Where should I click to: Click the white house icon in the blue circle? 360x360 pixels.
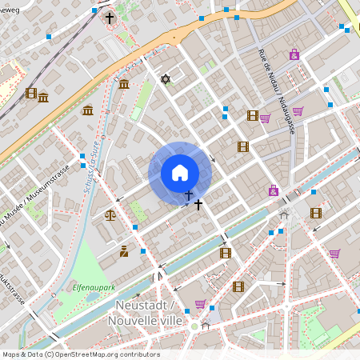point(179,173)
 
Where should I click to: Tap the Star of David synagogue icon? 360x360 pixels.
point(166,78)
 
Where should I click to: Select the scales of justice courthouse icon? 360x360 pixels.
point(110,214)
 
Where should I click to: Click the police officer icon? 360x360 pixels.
point(123,251)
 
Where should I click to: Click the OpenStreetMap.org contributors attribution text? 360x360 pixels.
point(80,354)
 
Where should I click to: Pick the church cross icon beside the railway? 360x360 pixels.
point(109,18)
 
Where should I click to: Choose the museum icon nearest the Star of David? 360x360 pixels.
point(123,83)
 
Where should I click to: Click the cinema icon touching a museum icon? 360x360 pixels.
point(31,94)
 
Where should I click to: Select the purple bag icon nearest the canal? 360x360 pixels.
point(274,190)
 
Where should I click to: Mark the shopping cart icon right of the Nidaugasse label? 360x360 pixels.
point(298,111)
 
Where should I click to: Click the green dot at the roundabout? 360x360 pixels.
point(194,326)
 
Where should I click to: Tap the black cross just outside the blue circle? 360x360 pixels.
point(198,205)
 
